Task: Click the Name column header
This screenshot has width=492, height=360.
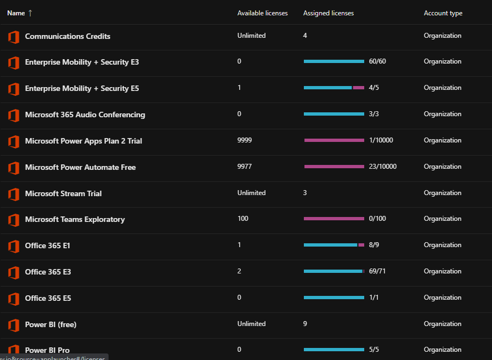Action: tap(16, 13)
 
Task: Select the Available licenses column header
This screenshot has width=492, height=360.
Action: tap(262, 13)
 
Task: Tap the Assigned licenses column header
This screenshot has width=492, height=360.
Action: tap(328, 13)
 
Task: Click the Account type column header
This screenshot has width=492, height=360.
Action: tap(443, 13)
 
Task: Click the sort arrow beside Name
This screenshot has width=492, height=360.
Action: tap(30, 13)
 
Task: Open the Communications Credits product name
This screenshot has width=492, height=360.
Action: tap(67, 36)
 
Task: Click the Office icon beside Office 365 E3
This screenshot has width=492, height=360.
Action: tap(14, 272)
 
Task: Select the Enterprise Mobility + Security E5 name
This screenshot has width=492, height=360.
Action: tap(82, 88)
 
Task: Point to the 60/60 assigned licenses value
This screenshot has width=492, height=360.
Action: tap(377, 61)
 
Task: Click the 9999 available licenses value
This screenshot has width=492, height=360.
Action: tap(245, 140)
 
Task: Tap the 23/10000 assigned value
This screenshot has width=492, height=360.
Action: tap(382, 167)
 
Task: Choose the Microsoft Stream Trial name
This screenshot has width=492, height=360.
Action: tap(63, 193)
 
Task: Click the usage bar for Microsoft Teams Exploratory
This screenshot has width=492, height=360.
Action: tap(334, 219)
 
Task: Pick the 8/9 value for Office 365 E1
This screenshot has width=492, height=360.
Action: tap(374, 245)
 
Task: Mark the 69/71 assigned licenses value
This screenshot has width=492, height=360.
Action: tap(377, 271)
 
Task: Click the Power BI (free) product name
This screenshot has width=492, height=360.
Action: tap(50, 324)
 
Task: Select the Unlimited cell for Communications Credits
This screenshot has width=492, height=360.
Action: tap(251, 36)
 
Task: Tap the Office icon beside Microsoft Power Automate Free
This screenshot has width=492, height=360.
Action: tap(14, 168)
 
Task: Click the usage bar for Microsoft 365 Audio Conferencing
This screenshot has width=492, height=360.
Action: tap(334, 114)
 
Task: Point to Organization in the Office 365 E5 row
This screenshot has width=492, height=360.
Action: tap(442, 298)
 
